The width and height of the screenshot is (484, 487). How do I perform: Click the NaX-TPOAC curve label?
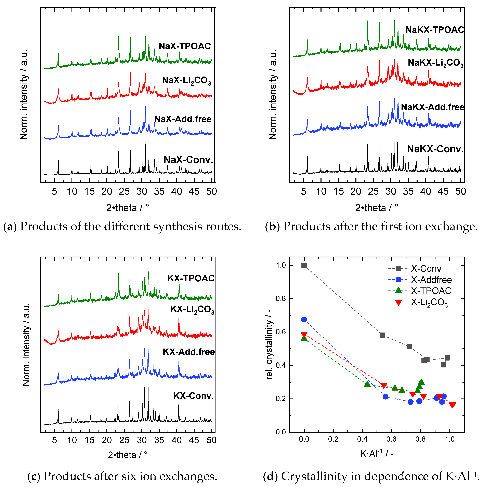(x=185, y=46)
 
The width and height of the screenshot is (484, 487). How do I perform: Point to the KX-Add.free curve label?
(x=189, y=352)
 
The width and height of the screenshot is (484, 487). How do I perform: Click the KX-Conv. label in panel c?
(x=193, y=396)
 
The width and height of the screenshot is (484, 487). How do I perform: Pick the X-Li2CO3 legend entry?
(x=429, y=302)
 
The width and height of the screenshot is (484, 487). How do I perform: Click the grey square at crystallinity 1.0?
(x=304, y=265)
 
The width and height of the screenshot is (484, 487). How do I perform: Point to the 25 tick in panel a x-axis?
(x=124, y=192)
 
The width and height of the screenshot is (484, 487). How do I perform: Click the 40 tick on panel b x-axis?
(x=426, y=192)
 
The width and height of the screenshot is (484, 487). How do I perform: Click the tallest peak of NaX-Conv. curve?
(x=145, y=142)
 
